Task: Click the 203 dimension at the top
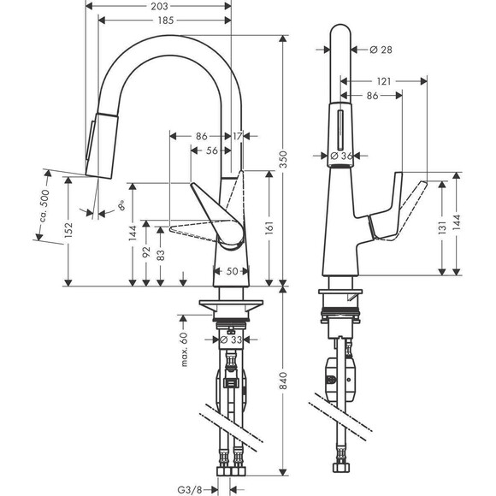pos(158,7)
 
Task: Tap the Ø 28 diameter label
pos(381,50)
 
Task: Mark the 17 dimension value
pos(237,135)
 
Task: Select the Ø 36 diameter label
pos(341,156)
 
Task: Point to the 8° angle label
pos(121,206)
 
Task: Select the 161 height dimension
pos(270,229)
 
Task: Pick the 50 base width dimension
pos(231,271)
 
